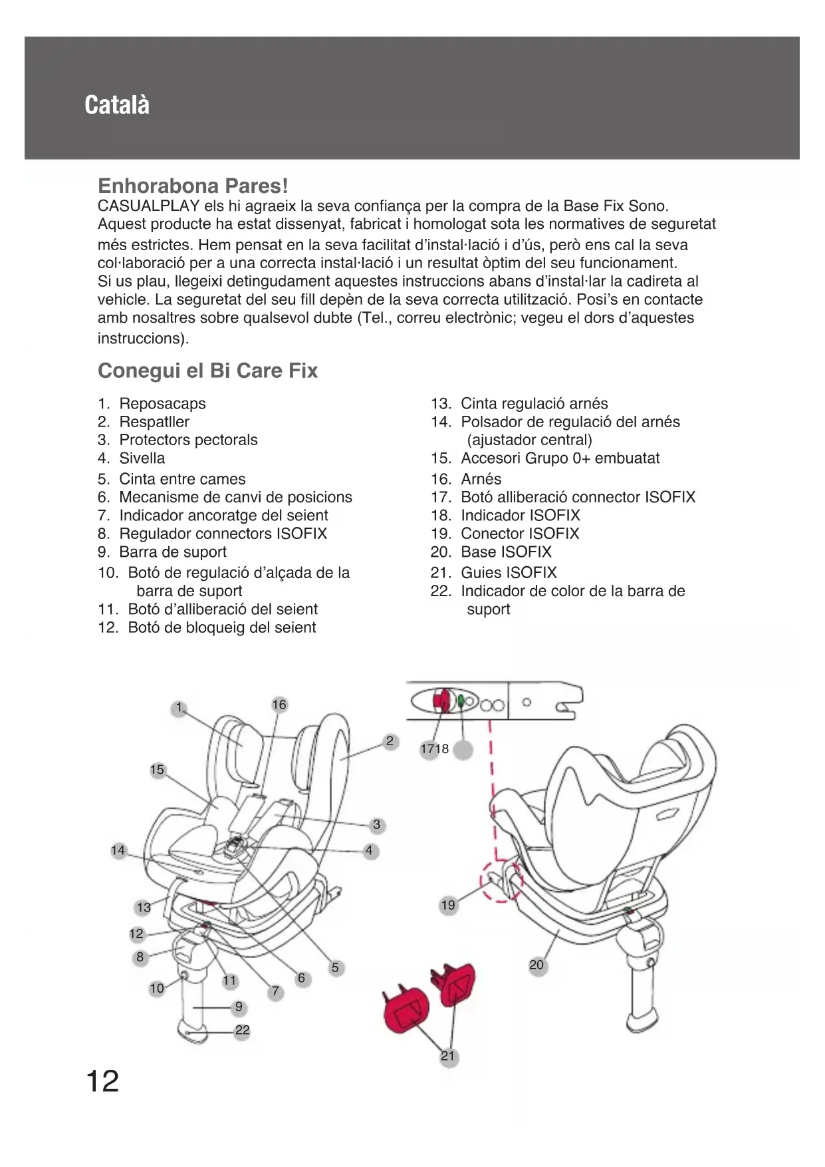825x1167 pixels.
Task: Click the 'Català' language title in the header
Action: tap(117, 105)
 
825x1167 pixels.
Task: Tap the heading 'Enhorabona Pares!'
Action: tap(193, 185)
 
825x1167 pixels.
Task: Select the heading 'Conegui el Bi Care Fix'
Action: tap(207, 371)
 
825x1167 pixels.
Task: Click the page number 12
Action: tap(102, 1081)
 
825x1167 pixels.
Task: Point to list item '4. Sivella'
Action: tap(132, 458)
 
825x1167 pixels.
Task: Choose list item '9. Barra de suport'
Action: tap(162, 552)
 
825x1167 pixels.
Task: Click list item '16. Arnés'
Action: tap(466, 478)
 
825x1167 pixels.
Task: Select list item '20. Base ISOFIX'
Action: tap(491, 552)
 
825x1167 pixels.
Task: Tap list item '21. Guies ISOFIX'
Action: tap(494, 572)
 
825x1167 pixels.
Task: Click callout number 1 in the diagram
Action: tap(178, 708)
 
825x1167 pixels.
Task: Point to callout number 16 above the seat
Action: tap(279, 705)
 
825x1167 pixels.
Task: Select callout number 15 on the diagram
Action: tap(157, 770)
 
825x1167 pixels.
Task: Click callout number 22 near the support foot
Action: tap(243, 1031)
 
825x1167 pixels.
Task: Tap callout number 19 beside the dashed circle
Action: tap(449, 905)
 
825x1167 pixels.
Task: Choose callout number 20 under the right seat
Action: tap(536, 965)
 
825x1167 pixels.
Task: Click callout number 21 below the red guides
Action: tap(448, 1056)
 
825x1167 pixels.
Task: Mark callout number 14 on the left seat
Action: tap(118, 850)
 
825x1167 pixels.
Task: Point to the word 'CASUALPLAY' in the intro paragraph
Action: tap(149, 206)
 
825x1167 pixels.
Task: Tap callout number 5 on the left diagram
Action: tap(335, 967)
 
